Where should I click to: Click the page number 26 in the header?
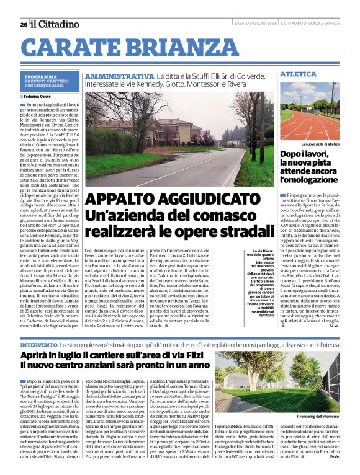23,24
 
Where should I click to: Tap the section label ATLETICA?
294,74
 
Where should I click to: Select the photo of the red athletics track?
309,112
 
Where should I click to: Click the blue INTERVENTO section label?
38,344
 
